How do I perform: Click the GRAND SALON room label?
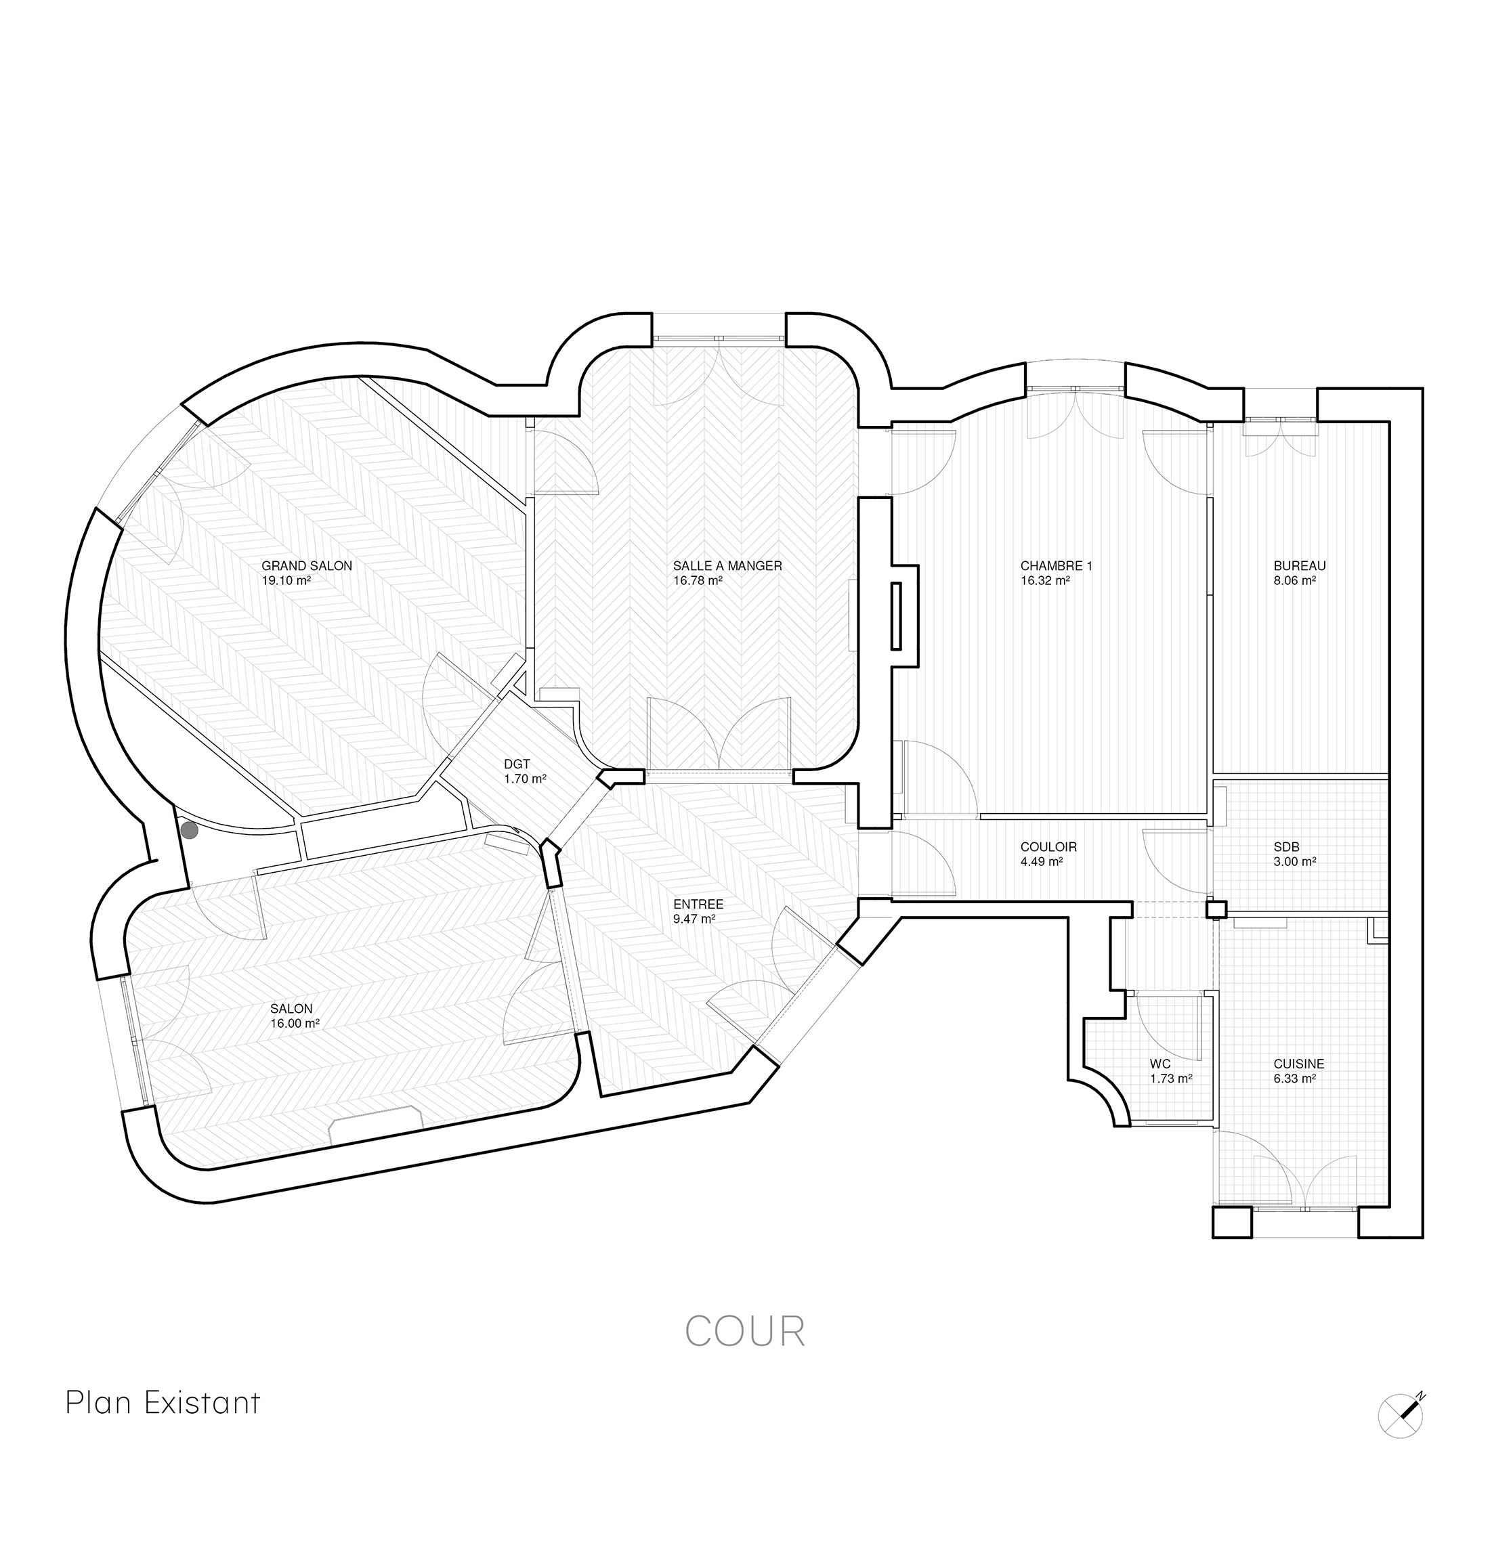(307, 566)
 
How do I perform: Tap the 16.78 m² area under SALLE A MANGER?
(698, 582)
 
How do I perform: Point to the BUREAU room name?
(1300, 566)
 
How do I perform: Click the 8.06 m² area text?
(1294, 582)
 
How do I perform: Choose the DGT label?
(517, 764)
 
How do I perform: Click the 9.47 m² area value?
(694, 919)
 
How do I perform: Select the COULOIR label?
(1048, 848)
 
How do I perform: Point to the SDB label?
(1286, 848)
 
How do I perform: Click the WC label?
(1159, 1064)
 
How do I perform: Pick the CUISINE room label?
(1299, 1064)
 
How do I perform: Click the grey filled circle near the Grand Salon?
(190, 830)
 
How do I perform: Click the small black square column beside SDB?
(1216, 911)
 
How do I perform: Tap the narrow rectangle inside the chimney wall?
(895, 615)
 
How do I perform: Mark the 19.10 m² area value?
(286, 582)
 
